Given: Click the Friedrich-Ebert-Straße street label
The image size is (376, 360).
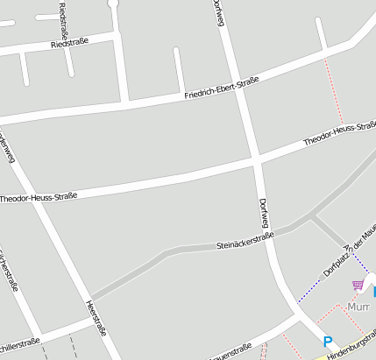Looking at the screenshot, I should coord(222,88).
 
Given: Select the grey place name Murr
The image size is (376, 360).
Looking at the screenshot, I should coord(358,307).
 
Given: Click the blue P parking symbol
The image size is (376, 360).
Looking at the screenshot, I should coord(328,342).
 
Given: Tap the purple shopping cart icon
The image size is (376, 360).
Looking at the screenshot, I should coord(358,286).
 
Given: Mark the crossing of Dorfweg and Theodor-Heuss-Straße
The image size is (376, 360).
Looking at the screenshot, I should coord(255,160).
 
